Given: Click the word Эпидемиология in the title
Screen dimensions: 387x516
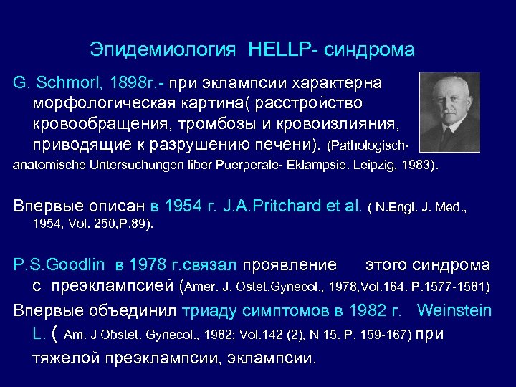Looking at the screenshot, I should (x=163, y=49).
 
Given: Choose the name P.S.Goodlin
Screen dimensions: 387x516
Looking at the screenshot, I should (x=59, y=265).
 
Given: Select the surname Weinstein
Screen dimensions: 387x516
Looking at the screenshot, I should (x=454, y=310).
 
